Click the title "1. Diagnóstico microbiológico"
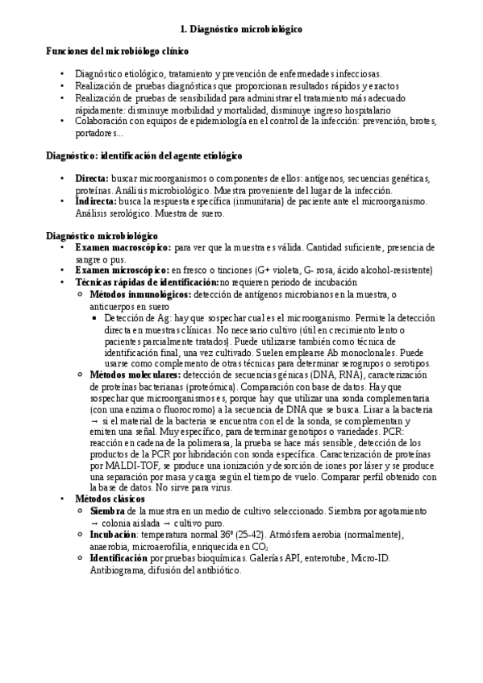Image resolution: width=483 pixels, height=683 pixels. tap(241, 28)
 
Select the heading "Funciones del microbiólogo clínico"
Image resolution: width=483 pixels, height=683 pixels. tap(118, 52)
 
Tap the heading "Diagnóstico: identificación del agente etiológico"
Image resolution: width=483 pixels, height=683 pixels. tap(144, 155)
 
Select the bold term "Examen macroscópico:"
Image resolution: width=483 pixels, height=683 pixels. tap(123, 248)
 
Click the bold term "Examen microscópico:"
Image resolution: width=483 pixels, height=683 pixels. tap(122, 271)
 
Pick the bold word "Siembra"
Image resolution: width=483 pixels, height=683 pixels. tap(107, 511)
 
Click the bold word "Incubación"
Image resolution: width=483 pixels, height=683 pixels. tap(113, 535)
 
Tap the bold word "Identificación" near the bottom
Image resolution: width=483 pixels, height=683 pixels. tap(119, 558)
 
